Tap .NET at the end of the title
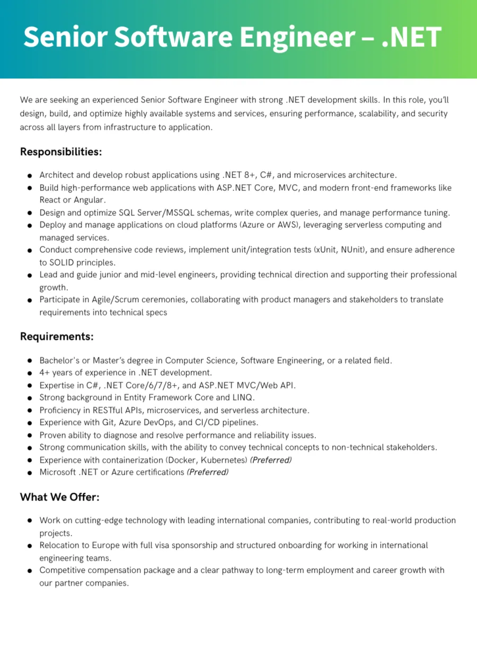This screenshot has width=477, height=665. coord(412,37)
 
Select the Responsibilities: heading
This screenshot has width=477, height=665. coord(61,152)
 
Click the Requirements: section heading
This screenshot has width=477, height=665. coord(57,336)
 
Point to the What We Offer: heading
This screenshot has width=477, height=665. coord(60,497)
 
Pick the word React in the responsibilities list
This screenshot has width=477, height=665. coord(51,200)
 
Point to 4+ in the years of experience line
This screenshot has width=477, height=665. coord(45,373)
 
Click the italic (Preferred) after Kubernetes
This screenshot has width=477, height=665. coord(271,460)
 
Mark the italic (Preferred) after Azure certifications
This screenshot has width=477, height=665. coord(208,472)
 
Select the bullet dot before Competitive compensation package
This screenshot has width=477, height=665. coord(30,571)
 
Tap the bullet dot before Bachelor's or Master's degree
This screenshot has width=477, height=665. coord(30,361)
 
